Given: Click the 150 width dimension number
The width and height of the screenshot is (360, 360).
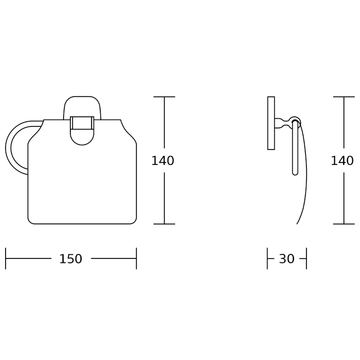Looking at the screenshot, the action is click(71, 259).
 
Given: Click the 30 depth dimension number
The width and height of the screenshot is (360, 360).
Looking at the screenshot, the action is click(286, 259).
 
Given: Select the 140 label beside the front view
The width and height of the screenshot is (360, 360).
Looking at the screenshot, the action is click(163, 160).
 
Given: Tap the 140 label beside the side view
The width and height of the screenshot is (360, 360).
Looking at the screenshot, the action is click(342, 160).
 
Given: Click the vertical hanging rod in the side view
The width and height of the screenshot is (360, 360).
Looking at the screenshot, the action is click(295, 148).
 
